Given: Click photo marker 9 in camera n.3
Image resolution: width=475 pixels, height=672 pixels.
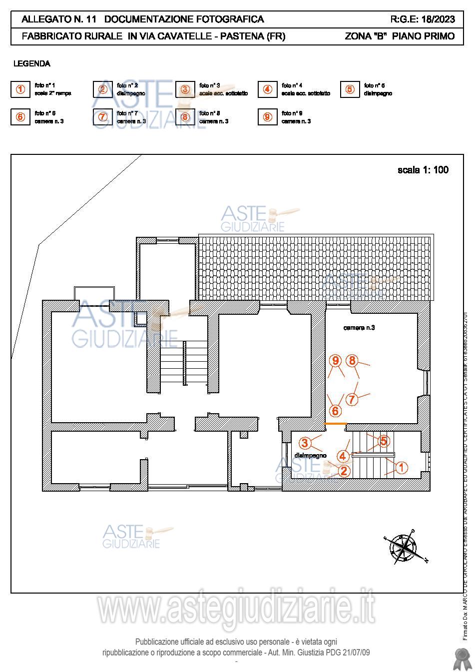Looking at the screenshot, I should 336,360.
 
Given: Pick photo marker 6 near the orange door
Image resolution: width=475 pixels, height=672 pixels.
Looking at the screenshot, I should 335,411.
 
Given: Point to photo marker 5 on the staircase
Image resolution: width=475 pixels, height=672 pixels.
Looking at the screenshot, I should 383,441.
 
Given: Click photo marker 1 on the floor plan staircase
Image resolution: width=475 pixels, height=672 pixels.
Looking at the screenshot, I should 401,468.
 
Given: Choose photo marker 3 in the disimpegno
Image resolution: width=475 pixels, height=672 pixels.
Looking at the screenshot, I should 305,443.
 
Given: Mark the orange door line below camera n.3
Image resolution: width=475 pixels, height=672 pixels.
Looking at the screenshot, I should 336,424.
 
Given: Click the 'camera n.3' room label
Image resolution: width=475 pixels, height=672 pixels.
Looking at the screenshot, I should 359,328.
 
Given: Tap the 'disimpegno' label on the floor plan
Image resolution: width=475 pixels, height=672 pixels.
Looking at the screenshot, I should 310,455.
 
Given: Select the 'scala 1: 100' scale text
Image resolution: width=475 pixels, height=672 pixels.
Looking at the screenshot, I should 423,170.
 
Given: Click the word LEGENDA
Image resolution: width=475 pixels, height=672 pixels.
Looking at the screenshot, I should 31,63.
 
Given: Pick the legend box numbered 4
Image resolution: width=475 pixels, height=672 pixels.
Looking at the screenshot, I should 268,89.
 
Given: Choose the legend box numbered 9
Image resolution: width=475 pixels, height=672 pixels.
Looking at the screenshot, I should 268,117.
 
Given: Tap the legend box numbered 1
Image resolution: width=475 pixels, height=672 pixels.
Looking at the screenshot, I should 20,89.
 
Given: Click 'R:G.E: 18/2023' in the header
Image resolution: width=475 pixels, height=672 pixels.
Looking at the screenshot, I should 423,19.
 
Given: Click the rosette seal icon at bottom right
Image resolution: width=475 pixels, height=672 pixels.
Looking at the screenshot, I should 460,659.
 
